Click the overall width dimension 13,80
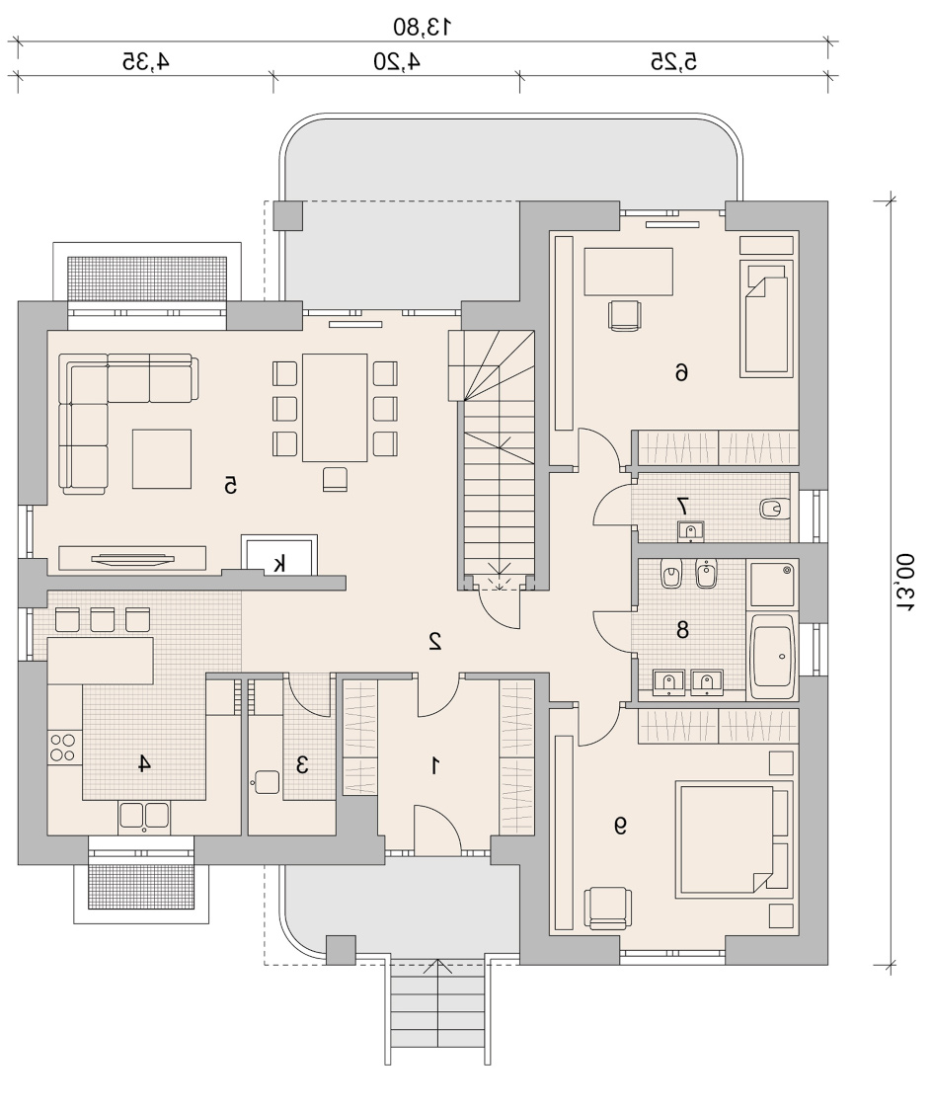point(423,27)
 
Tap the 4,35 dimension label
point(146,61)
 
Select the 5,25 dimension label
point(673,61)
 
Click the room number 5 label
point(230,485)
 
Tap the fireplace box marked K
point(279,556)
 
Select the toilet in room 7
point(774,509)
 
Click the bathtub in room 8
point(772,657)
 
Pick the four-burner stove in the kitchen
point(64,748)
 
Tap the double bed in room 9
point(734,839)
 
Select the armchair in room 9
point(607,909)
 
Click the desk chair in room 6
point(625,315)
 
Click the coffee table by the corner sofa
point(162,458)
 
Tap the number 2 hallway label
point(434,640)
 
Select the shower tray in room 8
point(772,584)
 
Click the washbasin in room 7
point(691,530)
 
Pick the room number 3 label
point(303,764)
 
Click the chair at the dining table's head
point(335,479)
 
